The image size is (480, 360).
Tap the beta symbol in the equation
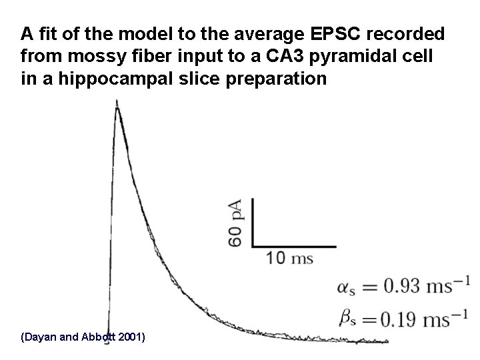[346, 319]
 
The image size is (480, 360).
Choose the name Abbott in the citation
[97, 337]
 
